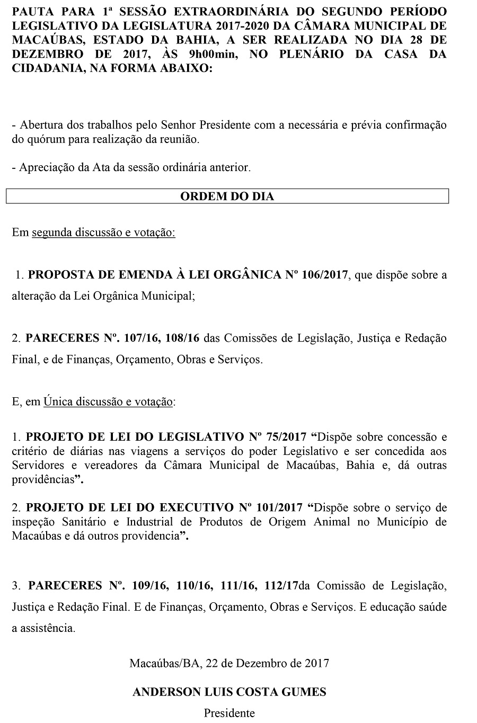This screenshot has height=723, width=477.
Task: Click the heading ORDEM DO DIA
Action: pos(227,197)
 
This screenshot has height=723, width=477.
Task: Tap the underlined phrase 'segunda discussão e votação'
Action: pos(103,233)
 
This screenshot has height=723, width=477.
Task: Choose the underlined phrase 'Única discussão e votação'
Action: pos(109,402)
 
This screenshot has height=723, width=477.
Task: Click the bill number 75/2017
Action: pos(287,437)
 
